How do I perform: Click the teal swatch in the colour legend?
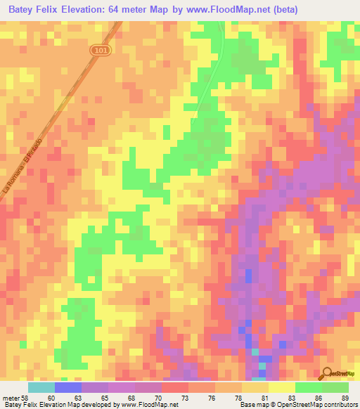(41, 387)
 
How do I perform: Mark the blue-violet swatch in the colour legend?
(68, 387)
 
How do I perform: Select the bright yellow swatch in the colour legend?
(282, 387)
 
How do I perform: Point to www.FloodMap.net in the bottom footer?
(148, 405)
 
